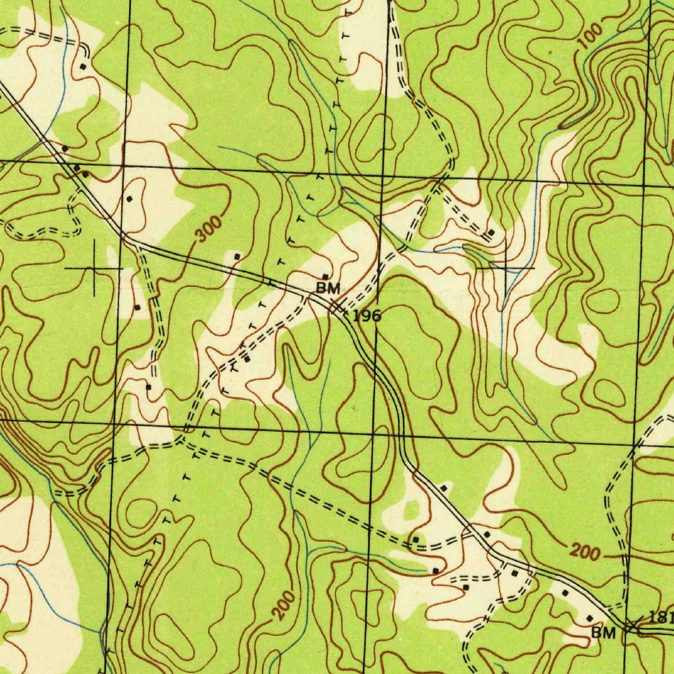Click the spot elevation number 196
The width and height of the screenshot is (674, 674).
click(367, 316)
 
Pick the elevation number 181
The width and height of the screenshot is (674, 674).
click(660, 617)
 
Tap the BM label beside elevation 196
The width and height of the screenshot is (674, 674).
click(328, 288)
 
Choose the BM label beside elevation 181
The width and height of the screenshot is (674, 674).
click(603, 633)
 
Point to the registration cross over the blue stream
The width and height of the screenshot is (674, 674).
click(505, 268)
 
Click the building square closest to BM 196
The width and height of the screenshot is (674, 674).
click(325, 276)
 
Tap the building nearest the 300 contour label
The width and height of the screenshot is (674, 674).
click(237, 256)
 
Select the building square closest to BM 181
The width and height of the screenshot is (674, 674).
click(590, 618)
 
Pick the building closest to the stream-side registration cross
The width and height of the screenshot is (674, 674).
click(491, 233)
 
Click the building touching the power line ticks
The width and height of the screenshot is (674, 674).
click(247, 359)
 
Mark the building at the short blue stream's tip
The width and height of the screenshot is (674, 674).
click(435, 569)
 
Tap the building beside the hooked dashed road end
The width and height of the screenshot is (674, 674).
click(82, 66)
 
